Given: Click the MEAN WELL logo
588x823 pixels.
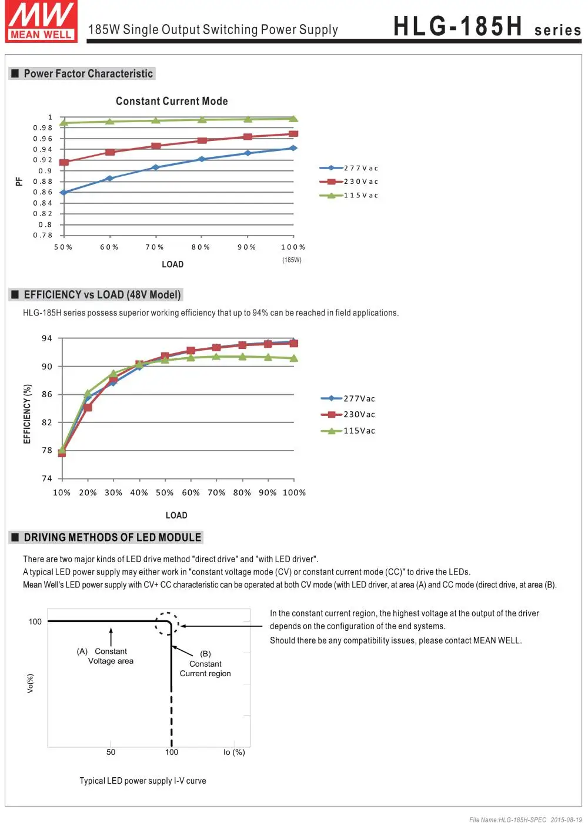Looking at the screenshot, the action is point(41,21).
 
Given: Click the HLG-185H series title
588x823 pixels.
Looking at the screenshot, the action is point(487,26).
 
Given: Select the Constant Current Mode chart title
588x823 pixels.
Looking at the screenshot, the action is point(172,101).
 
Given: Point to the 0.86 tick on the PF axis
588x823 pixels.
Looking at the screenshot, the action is point(43,192).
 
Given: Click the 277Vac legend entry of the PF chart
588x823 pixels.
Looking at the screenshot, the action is point(349,168).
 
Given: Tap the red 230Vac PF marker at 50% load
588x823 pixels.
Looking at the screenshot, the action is point(64,162).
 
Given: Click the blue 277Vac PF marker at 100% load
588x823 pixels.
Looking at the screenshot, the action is point(293,148).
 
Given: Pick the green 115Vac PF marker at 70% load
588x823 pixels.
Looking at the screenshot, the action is point(156,120).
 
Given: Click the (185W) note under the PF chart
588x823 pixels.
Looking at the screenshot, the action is point(292,260).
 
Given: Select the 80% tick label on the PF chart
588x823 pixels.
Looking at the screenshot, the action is point(201,247).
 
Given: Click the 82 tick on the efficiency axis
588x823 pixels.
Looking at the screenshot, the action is point(46,422).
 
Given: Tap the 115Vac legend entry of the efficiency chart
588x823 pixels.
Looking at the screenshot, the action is point(348,431).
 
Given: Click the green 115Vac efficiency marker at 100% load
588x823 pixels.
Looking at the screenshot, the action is point(293,358).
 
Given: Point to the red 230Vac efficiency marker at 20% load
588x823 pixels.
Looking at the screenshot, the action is point(88,408).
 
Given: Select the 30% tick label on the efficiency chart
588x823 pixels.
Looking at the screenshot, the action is point(113,493).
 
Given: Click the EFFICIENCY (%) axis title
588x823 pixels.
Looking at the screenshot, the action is point(27,414).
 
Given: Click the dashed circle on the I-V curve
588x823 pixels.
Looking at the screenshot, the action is point(167,624).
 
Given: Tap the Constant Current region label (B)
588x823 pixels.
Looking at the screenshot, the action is point(205,664).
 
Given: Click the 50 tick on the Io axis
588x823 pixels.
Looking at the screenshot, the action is point(111,752).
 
